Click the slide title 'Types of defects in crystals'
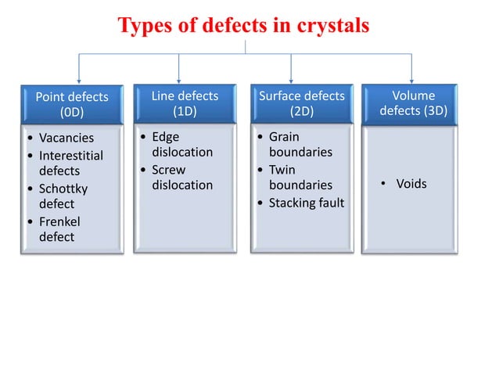[243, 26]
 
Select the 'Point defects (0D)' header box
[72, 105]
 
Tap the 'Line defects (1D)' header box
[184, 103]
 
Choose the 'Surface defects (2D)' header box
[301, 103]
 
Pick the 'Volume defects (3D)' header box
[413, 103]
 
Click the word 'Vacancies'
[66, 138]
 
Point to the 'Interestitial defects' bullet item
[70, 163]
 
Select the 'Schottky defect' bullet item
[63, 196]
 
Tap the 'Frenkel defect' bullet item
[59, 229]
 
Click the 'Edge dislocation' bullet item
[181, 145]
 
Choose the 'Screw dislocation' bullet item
[181, 178]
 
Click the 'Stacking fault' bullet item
[306, 203]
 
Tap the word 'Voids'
[411, 185]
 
